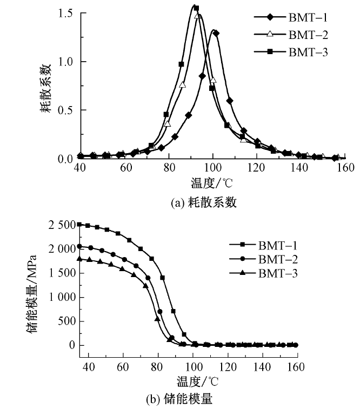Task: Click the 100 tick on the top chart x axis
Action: tap(213, 168)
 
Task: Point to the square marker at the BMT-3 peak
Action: tap(196, 8)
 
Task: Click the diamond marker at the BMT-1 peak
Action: tap(216, 33)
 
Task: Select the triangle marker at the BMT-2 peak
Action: tap(198, 16)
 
